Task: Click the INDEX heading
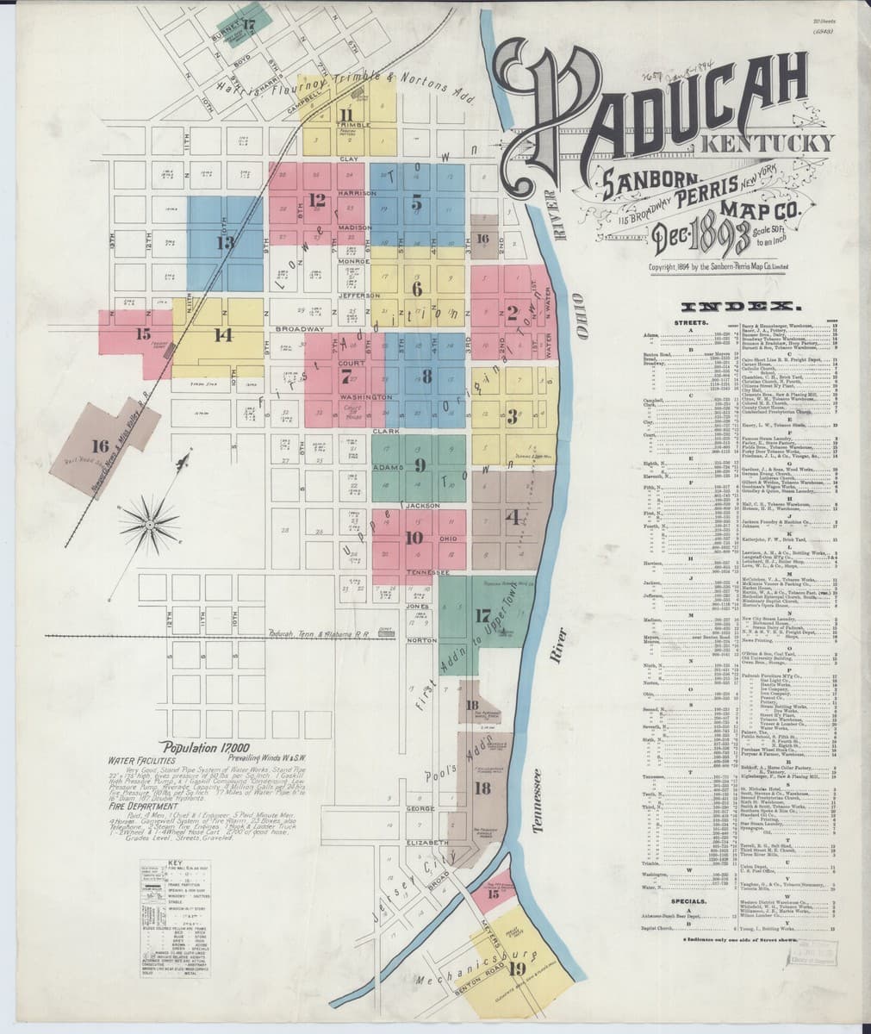pos(741,307)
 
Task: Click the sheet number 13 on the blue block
pos(226,243)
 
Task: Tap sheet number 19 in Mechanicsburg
pos(517,968)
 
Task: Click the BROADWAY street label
pos(299,329)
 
